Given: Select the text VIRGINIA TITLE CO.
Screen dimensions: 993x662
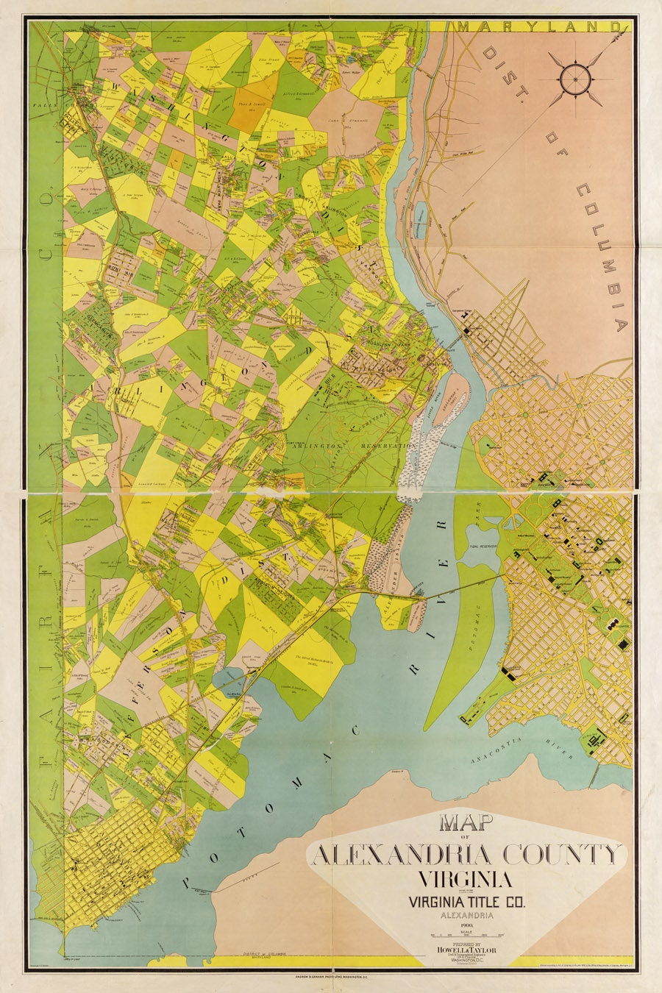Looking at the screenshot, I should pyautogui.click(x=466, y=900).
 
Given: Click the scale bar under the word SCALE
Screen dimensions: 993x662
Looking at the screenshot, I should pyautogui.click(x=466, y=936).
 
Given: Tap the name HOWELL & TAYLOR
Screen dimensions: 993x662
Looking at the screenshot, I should pyautogui.click(x=466, y=950).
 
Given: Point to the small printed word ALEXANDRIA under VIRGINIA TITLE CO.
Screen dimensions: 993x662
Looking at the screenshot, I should pyautogui.click(x=466, y=916).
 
